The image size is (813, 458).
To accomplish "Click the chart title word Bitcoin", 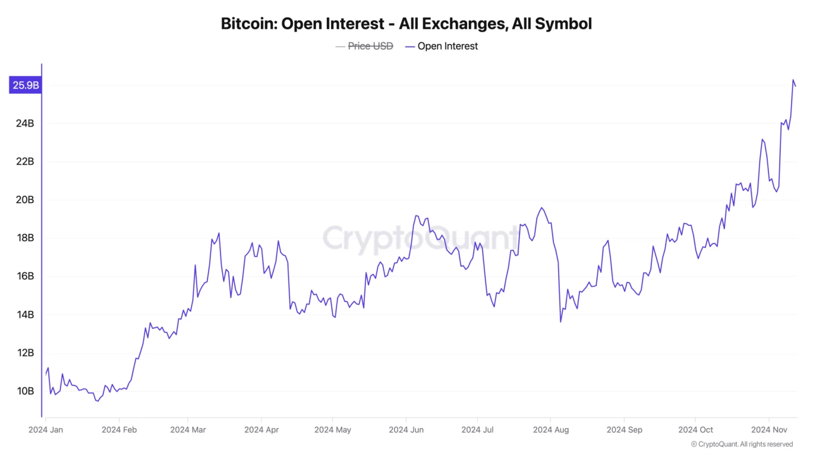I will pyautogui.click(x=248, y=24).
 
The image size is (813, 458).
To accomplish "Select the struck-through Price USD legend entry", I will pyautogui.click(x=370, y=46).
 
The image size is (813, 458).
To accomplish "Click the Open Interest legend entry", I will pyautogui.click(x=447, y=46).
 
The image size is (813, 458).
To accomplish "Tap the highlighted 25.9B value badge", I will pyautogui.click(x=26, y=85).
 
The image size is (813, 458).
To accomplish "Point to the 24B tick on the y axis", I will pyautogui.click(x=25, y=123).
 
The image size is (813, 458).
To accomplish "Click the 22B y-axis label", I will pyautogui.click(x=25, y=161).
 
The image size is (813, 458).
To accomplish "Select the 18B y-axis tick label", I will pyautogui.click(x=25, y=238).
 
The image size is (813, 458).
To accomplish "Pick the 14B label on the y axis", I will pyautogui.click(x=25, y=315).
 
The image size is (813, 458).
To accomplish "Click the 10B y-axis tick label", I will pyautogui.click(x=25, y=391).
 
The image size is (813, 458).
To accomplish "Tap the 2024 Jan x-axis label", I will pyautogui.click(x=46, y=430).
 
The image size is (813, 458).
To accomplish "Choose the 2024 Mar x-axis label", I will pyautogui.click(x=188, y=430).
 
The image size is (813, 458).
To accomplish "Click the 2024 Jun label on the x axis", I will pyautogui.click(x=406, y=430).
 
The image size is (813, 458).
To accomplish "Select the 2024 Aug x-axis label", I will pyautogui.click(x=551, y=430).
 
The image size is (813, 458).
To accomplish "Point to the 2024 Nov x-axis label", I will pyautogui.click(x=769, y=430).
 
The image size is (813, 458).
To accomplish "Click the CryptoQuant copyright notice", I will pyautogui.click(x=742, y=444).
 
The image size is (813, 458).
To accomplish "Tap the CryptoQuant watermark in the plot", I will pyautogui.click(x=420, y=238).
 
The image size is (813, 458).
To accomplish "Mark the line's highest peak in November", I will pyautogui.click(x=793, y=80).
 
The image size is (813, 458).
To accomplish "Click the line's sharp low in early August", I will pyautogui.click(x=560, y=322).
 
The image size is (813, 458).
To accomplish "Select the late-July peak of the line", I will pyautogui.click(x=541, y=208).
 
